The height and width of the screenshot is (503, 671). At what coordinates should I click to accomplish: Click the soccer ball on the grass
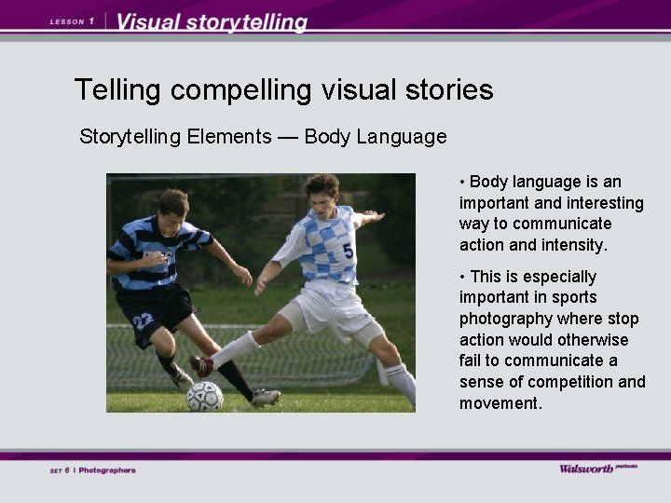tap(204, 397)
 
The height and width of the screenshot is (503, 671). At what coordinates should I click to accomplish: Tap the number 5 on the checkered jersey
tap(348, 251)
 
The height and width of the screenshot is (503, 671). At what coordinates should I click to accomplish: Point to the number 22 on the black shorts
tap(143, 321)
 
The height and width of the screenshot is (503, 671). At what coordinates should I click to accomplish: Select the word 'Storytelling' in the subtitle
tap(130, 137)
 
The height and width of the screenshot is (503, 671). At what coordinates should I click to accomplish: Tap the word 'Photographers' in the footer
tap(107, 470)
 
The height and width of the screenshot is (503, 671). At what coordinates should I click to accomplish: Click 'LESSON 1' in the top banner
tap(72, 20)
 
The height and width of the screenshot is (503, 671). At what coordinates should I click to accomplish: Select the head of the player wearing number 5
tap(322, 192)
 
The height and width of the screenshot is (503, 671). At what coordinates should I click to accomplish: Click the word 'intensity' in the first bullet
tap(574, 245)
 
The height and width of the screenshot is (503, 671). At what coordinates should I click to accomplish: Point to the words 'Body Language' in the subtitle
tap(376, 137)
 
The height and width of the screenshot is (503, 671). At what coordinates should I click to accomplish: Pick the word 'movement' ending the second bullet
tap(499, 403)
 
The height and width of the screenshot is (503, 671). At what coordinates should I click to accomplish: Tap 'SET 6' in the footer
tap(60, 470)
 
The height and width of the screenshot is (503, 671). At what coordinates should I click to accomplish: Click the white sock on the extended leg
tap(234, 349)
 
